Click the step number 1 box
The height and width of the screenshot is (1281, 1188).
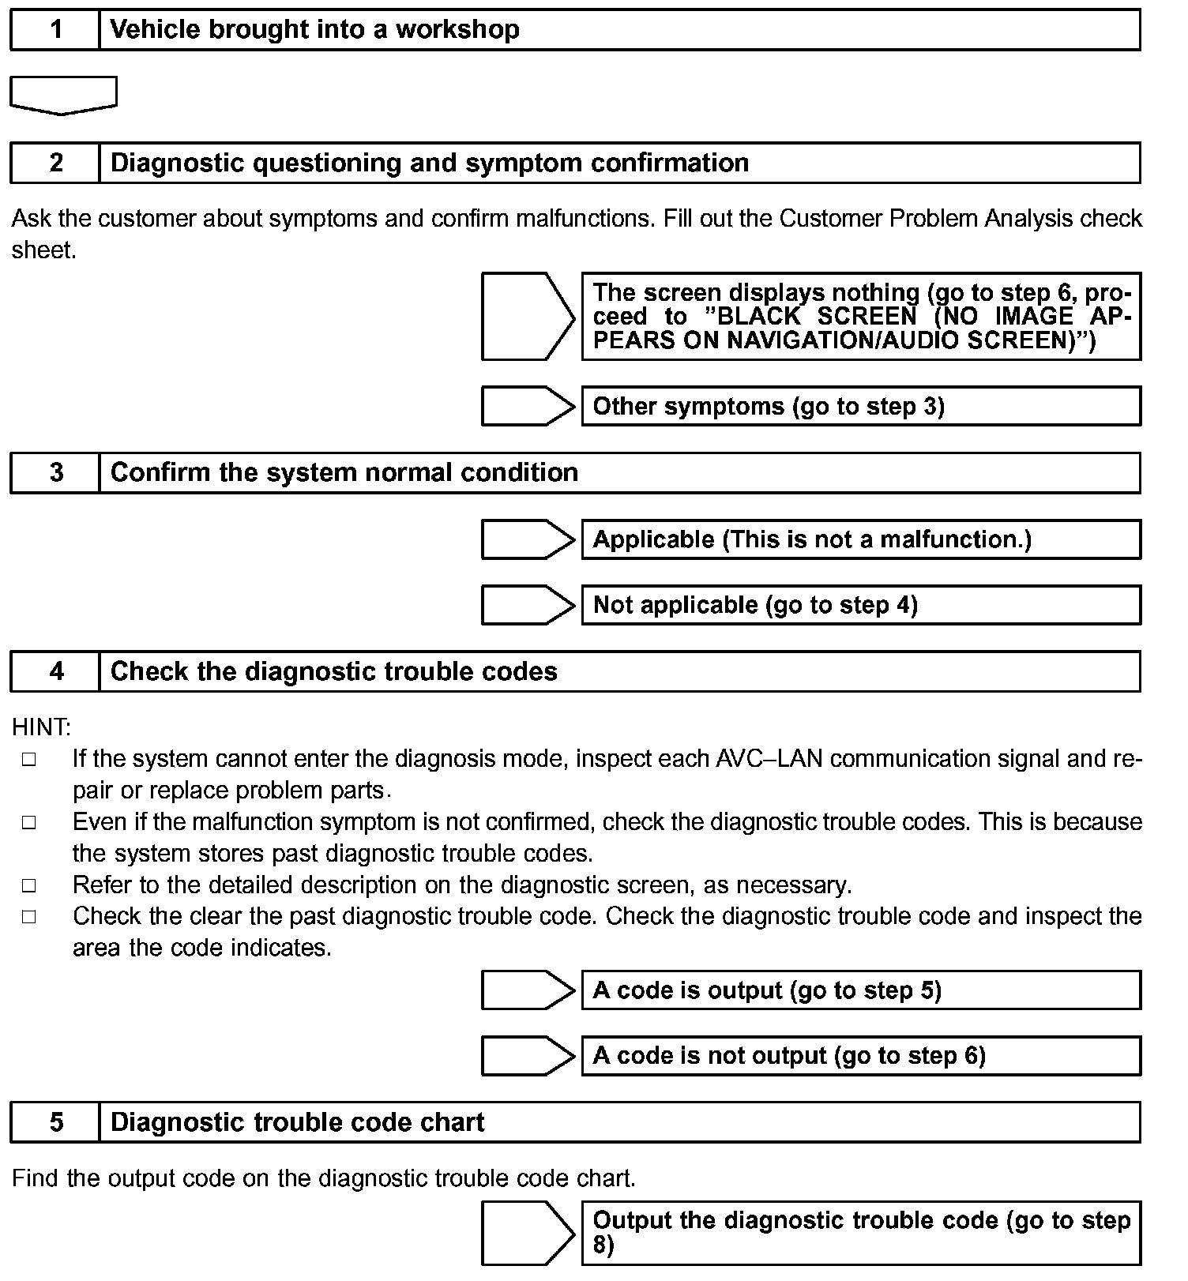tap(55, 30)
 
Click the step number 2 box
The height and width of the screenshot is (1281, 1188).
tap(55, 163)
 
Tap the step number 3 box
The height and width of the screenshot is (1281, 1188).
tap(55, 473)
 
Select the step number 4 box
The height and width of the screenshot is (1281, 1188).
tap(55, 672)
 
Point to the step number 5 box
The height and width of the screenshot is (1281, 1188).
tap(55, 1122)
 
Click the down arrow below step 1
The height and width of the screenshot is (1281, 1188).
tap(63, 95)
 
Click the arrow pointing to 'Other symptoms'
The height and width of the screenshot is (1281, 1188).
tap(528, 407)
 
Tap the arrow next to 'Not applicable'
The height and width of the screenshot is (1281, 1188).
tap(528, 605)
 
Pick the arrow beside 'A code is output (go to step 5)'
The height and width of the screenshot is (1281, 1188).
tap(528, 990)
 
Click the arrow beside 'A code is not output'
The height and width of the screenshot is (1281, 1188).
tap(528, 1056)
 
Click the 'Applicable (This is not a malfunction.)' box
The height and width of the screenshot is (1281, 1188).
tap(861, 539)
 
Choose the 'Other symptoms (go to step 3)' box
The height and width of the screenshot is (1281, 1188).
tap(861, 407)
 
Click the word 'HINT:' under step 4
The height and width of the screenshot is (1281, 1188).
tap(41, 727)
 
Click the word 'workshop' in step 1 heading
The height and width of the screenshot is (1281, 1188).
tap(457, 30)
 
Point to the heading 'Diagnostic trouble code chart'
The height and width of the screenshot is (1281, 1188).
tap(297, 1122)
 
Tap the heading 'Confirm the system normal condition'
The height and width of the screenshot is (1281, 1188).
tap(344, 473)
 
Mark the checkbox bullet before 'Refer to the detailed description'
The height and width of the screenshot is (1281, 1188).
tap(29, 886)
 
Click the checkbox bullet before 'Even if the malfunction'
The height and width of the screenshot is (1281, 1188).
tap(29, 823)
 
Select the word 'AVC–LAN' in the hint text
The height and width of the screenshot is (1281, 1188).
tap(769, 759)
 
